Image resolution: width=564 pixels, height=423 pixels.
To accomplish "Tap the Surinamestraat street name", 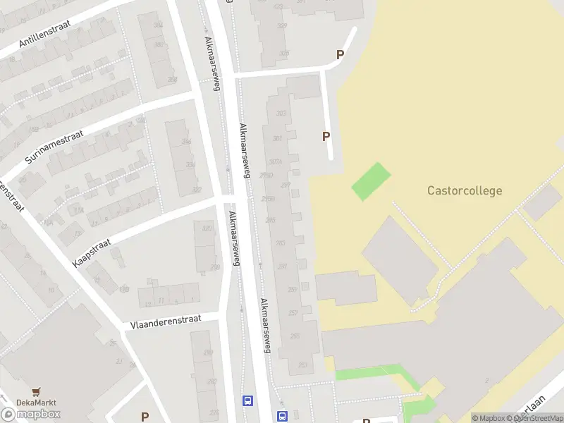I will (54, 147).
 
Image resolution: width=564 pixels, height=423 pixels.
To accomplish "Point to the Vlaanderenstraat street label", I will (166, 321).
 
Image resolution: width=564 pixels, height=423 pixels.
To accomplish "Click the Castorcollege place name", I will (465, 190).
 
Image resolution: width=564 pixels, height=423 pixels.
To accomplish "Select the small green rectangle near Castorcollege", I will (370, 180).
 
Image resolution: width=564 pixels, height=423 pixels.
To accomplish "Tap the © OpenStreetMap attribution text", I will (534, 418).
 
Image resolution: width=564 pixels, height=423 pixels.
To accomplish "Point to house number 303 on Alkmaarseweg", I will (282, 114).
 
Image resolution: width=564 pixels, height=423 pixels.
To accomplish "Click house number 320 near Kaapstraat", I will (207, 228).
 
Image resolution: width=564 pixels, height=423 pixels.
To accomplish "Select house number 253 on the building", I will (302, 364).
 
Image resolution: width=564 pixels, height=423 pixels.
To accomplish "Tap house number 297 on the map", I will (286, 185).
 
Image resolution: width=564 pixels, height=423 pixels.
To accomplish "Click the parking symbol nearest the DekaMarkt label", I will (145, 416).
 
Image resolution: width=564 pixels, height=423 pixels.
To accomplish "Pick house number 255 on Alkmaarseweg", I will (295, 336).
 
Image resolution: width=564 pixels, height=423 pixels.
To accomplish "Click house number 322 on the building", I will (197, 190).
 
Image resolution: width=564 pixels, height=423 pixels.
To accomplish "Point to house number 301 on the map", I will (277, 138).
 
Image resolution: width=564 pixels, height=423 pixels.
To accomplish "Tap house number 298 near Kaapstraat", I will (215, 266).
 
